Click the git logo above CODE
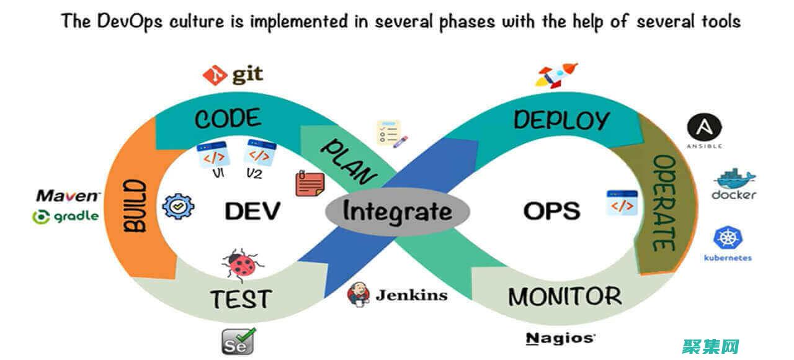click(x=215, y=76)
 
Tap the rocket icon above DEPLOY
click(x=556, y=76)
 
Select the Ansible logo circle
click(x=703, y=128)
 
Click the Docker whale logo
click(x=734, y=179)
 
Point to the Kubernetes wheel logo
click(x=728, y=238)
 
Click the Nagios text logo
click(x=560, y=338)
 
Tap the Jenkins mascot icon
click(x=359, y=294)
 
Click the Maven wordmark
click(x=68, y=196)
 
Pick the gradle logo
click(x=65, y=217)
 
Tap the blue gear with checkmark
click(x=178, y=207)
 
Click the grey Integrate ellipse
click(x=397, y=212)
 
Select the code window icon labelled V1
click(x=213, y=155)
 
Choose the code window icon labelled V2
click(x=259, y=151)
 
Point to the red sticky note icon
click(x=310, y=184)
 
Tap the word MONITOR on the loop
click(x=564, y=297)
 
